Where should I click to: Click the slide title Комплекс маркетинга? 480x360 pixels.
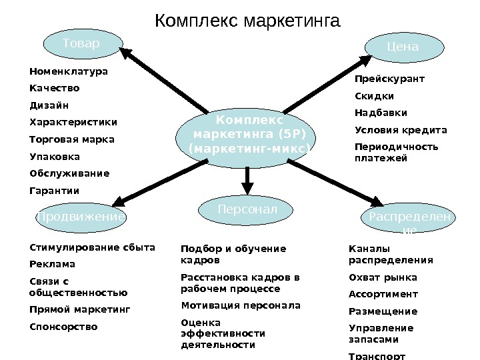click(x=247, y=19)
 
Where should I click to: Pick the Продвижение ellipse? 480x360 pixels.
click(x=80, y=217)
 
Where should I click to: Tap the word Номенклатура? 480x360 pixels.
click(x=68, y=71)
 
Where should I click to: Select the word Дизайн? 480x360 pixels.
click(x=49, y=105)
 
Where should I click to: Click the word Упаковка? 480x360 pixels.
click(x=55, y=157)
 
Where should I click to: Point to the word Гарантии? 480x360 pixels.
click(x=55, y=191)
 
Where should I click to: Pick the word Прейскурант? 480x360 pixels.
click(x=389, y=79)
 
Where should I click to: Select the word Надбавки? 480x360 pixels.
click(x=381, y=113)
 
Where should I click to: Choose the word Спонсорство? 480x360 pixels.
click(x=64, y=327)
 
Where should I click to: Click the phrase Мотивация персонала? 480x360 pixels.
click(x=241, y=306)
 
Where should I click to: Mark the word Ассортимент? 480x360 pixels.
click(x=383, y=294)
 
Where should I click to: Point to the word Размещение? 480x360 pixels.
click(x=383, y=311)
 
